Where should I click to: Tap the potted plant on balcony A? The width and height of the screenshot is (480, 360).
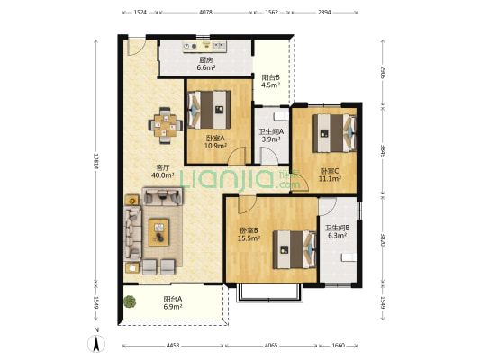click(130, 301)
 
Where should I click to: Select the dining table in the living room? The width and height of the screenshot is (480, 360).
click(166, 125)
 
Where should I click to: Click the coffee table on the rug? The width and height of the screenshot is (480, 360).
click(158, 232)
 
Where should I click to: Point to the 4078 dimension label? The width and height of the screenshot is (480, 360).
click(205, 13)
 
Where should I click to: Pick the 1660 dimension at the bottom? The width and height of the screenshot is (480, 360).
click(338, 346)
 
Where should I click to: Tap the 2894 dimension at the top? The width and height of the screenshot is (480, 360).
click(324, 13)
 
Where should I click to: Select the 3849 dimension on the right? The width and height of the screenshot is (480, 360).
click(383, 151)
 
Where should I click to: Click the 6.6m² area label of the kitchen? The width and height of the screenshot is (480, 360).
click(205, 67)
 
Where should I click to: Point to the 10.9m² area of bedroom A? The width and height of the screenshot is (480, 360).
click(215, 146)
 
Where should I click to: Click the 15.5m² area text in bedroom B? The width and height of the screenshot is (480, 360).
click(249, 238)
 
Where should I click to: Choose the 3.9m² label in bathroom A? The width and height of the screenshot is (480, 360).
click(271, 139)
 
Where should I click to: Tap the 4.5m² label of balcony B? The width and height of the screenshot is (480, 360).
click(270, 85)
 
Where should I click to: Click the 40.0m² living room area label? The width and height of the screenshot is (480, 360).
click(162, 175)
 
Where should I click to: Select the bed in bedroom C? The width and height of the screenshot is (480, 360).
click(335, 133)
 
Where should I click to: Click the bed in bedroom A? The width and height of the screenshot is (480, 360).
click(209, 110)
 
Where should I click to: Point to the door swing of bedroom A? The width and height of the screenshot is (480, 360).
click(237, 156)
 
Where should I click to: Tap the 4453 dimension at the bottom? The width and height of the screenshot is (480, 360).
click(173, 346)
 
